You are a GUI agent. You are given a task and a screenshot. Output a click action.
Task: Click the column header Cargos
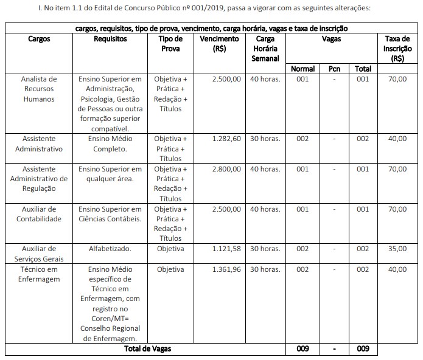point(39,38)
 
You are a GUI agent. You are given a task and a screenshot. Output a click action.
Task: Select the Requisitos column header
point(110,38)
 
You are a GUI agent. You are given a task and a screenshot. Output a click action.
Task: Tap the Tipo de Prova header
point(170,43)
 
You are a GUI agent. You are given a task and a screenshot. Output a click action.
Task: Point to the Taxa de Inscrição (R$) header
point(397,48)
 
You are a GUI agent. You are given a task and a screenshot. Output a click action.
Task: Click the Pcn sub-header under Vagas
point(334,69)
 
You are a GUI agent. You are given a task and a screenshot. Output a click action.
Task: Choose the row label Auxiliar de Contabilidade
point(38,213)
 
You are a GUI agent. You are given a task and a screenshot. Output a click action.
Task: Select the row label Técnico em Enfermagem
point(38,274)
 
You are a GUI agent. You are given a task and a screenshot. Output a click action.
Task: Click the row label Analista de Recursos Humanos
point(38,89)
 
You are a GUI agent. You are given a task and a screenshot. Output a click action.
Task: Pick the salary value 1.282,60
point(226,139)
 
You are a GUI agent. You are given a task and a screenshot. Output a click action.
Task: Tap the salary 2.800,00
point(226,168)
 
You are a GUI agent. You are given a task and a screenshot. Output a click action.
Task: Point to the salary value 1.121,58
point(226,249)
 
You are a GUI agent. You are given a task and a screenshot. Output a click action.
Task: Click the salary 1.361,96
point(226,269)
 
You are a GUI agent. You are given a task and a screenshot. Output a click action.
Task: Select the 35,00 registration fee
point(397,249)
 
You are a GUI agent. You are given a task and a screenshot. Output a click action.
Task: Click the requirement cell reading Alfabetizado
point(110,249)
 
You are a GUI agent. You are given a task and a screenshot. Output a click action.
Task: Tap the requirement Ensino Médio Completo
point(110,144)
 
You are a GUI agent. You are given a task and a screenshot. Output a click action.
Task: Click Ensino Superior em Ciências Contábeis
point(110,213)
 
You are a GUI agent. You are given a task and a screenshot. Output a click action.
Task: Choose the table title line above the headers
point(211,29)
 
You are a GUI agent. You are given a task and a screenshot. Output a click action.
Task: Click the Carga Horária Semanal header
point(265,48)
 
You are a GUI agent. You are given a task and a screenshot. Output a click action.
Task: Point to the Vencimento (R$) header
point(220,43)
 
